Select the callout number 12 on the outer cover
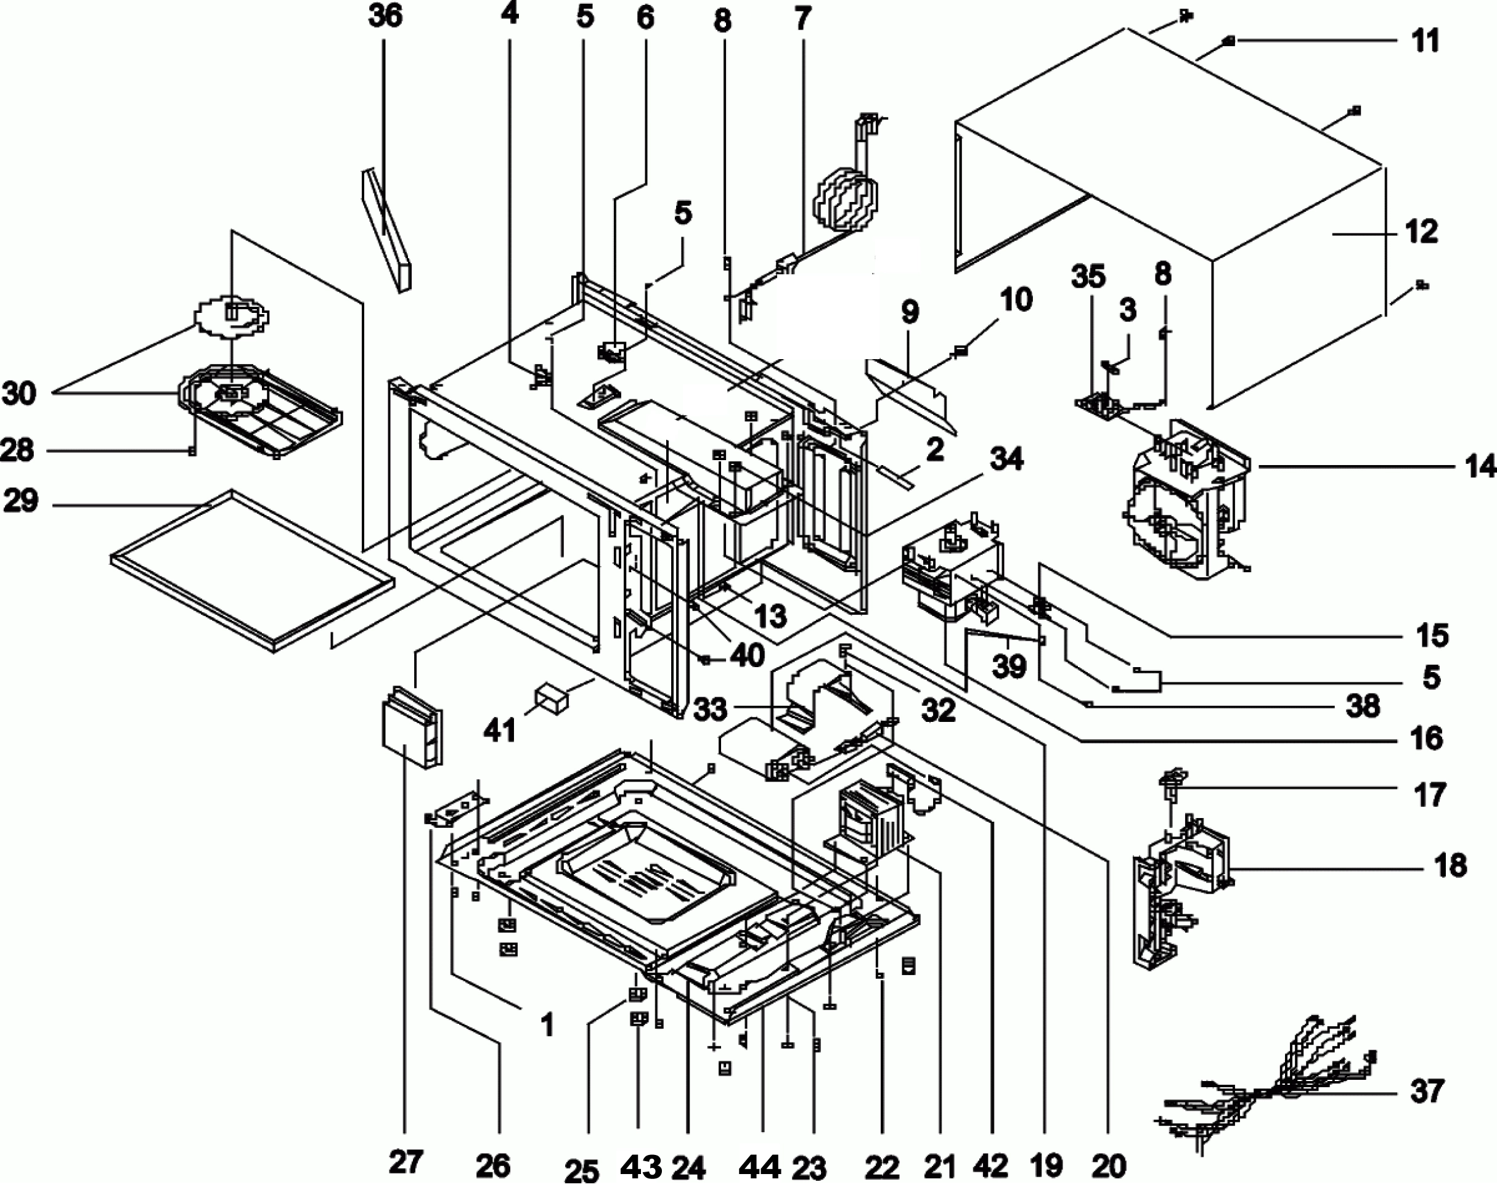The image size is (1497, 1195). [1421, 231]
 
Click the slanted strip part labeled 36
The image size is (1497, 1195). [386, 229]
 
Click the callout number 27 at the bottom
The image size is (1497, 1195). [406, 1161]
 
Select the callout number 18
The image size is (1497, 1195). [1450, 865]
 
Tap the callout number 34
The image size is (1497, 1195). [1006, 459]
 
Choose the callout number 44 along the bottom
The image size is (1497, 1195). [760, 1167]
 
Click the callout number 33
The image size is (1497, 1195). [709, 708]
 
